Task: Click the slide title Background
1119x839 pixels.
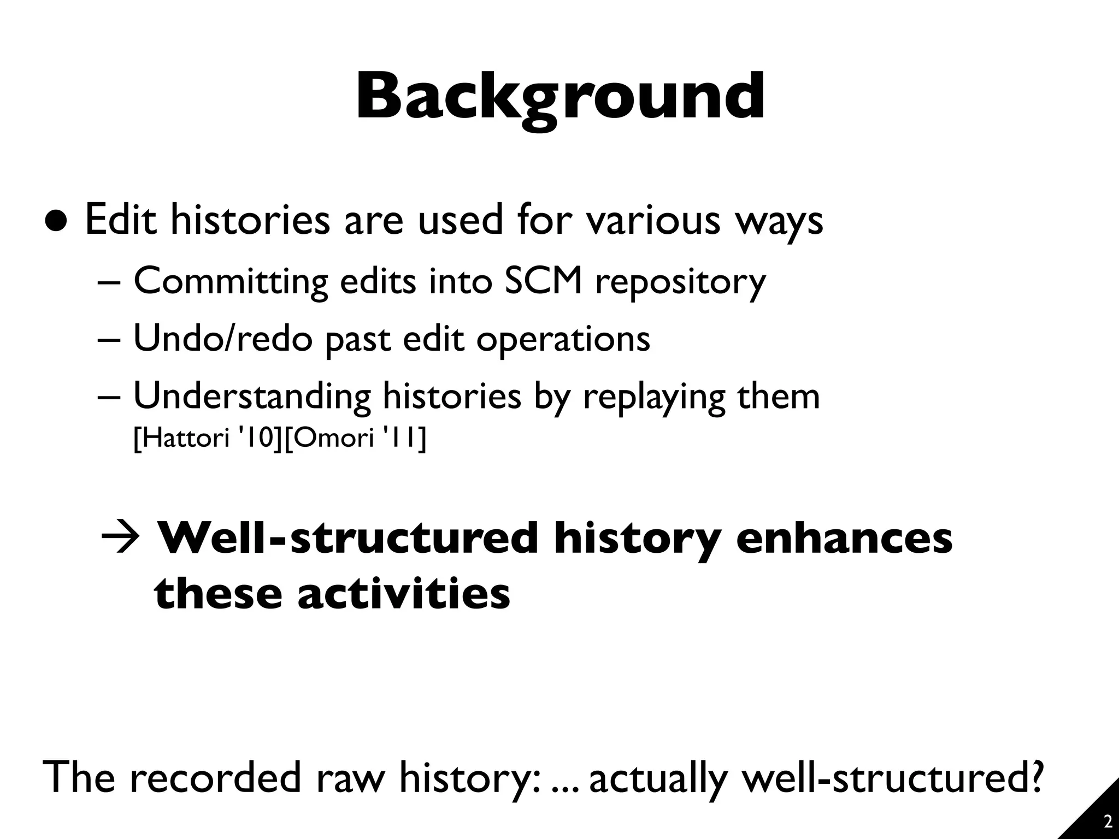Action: pos(559,98)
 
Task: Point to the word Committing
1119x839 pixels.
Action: pos(231,282)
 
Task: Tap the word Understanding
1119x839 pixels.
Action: pos(252,397)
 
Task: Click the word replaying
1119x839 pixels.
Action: pos(654,398)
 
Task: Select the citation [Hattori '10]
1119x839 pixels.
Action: pos(207,438)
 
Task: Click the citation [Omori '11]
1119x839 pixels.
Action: pos(355,438)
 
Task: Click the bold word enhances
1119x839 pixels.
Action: pos(844,539)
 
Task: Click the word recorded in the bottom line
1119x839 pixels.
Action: pos(216,777)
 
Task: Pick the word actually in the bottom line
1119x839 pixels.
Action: pos(658,778)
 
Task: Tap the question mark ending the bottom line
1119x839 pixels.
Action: pos(1034,776)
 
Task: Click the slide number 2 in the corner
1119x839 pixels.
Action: pos(1108,822)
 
